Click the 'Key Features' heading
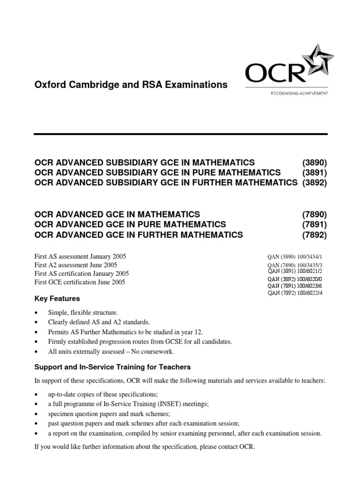[57, 298]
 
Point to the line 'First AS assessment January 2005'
[80, 257]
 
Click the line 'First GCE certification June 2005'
[80, 282]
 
